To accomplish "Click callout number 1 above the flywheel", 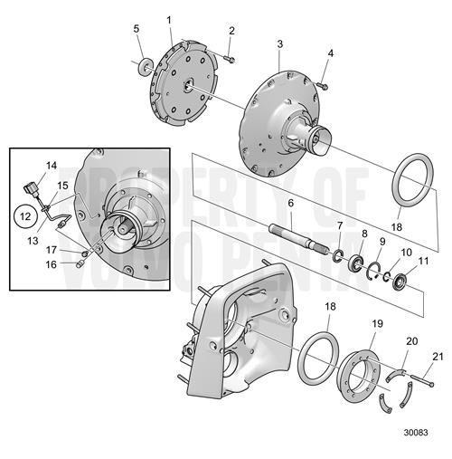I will [x=169, y=19].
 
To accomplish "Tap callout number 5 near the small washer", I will [x=137, y=29].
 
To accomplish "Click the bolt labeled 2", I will [x=228, y=59].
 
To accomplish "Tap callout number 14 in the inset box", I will [x=52, y=166].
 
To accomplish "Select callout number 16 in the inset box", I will [x=52, y=264].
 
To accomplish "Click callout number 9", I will [x=382, y=242].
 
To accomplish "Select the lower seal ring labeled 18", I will [x=318, y=358].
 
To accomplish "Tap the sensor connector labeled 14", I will [x=33, y=188].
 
